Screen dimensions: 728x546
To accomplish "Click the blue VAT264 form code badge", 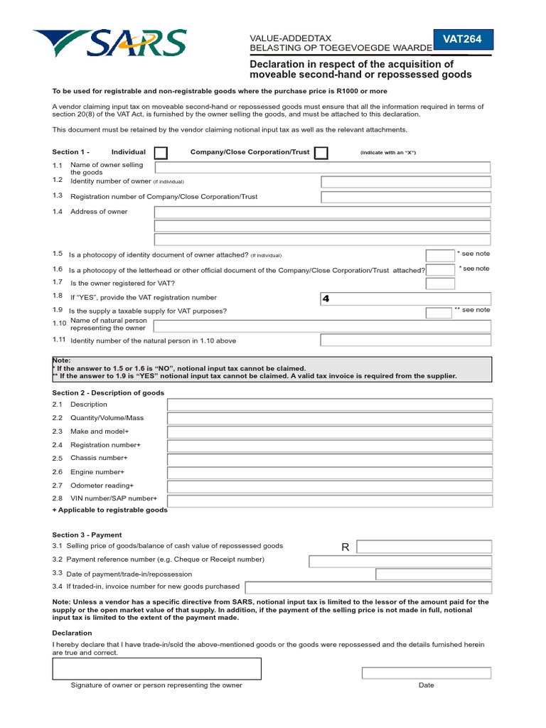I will click(463, 40).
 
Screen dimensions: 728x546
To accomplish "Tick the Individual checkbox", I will click(161, 153).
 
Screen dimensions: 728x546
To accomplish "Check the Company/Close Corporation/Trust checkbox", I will click(321, 153).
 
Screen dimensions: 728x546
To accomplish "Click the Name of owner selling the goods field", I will click(322, 168).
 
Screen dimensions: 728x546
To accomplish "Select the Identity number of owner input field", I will click(405, 181).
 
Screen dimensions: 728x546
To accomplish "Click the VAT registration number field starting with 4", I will click(405, 299).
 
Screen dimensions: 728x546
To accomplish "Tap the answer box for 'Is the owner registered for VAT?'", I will click(440, 284).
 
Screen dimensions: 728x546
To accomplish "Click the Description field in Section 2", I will click(329, 405).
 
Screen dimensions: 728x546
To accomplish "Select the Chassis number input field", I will click(329, 459).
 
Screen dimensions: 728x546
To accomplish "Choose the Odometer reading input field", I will click(329, 486).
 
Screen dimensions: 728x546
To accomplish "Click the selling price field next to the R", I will click(424, 547).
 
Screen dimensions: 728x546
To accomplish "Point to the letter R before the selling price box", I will click(346, 547).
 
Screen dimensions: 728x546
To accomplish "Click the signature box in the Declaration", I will click(156, 668).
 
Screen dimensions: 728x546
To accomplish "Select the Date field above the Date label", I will click(426, 673).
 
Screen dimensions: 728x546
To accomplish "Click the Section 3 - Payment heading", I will click(87, 535).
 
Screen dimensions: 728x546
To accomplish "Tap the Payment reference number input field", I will click(400, 561).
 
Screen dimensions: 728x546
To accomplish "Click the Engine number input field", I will click(329, 472).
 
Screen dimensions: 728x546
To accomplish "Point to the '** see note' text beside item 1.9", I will click(472, 310).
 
